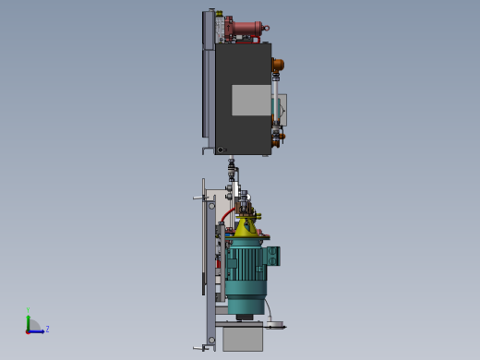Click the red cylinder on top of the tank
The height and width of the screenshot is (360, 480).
tap(246, 28)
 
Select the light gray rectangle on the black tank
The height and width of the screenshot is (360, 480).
tap(250, 100)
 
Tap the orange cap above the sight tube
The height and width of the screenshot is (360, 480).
tap(277, 65)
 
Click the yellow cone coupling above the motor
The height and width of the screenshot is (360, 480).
tap(246, 226)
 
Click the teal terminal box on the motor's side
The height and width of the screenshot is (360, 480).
tap(273, 256)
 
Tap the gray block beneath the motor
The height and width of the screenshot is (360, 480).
tap(243, 338)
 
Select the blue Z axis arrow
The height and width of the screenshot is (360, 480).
tap(37, 330)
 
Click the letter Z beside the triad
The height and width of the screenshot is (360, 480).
tap(47, 329)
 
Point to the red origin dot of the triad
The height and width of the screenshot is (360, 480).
tap(28, 330)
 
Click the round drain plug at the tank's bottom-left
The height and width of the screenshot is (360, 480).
tap(221, 150)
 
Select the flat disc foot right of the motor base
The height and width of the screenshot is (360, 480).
tap(275, 325)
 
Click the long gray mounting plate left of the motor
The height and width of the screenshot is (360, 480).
tap(210, 277)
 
